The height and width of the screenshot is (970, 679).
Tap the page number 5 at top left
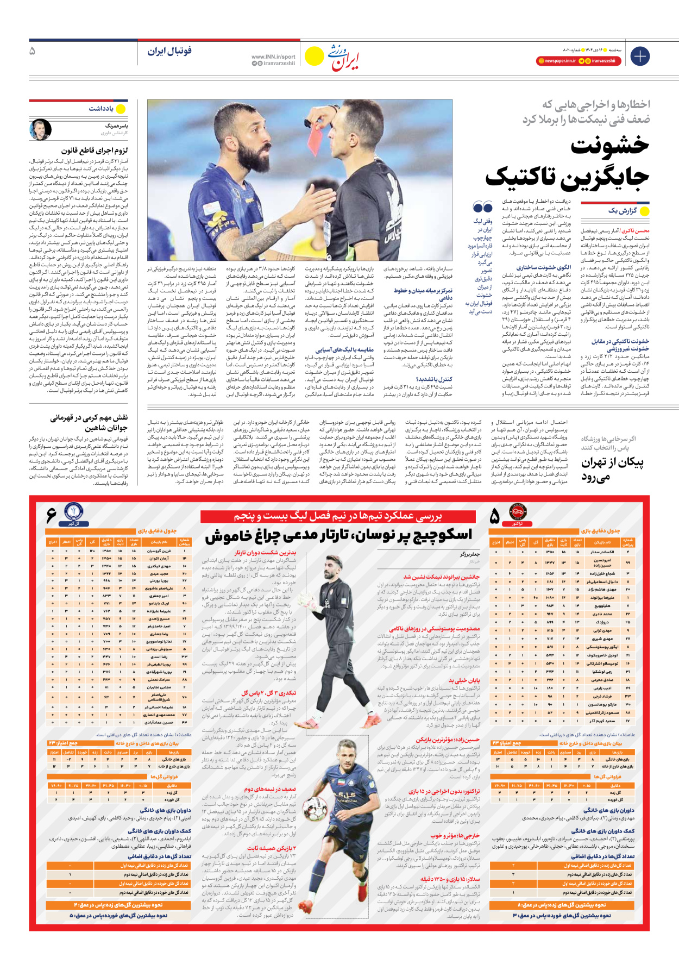click(x=32, y=51)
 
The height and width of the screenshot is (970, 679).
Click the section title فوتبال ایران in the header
click(x=169, y=51)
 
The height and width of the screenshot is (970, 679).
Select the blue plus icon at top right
click(x=640, y=56)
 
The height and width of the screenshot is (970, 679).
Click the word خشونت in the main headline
click(x=610, y=146)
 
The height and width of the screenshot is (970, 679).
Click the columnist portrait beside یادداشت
click(x=41, y=129)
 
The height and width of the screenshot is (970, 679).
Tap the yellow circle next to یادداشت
click(x=121, y=109)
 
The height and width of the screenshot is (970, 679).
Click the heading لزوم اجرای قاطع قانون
click(x=95, y=150)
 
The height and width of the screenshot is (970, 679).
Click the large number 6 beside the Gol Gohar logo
click(x=52, y=514)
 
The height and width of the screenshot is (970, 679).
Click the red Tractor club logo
click(x=517, y=512)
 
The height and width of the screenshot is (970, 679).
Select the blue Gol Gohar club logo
click(x=73, y=512)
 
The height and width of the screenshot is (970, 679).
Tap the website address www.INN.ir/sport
click(x=273, y=57)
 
